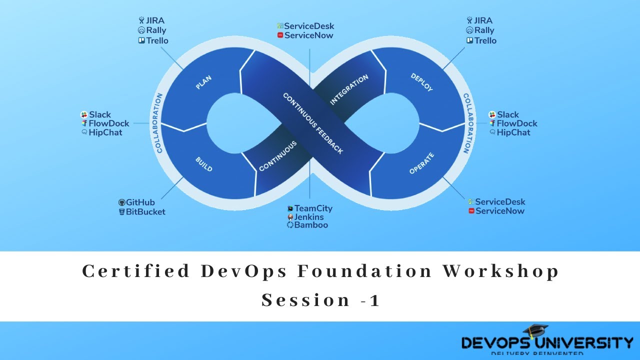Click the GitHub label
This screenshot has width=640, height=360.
point(140,202)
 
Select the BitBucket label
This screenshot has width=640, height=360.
point(145,211)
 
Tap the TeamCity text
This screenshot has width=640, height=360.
point(313,208)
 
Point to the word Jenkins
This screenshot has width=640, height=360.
point(309,217)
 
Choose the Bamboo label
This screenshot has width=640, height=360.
point(311,225)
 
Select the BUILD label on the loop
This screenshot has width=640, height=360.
point(203,164)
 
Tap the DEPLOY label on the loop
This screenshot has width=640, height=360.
point(421,82)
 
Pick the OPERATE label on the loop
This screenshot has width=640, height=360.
point(421,163)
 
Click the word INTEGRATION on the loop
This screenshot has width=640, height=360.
point(349,89)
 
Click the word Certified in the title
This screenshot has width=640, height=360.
point(136,271)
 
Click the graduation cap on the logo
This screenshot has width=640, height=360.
point(535,330)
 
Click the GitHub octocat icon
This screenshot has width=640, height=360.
point(121,202)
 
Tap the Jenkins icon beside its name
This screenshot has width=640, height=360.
point(290,217)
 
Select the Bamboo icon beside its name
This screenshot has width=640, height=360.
point(290,225)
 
